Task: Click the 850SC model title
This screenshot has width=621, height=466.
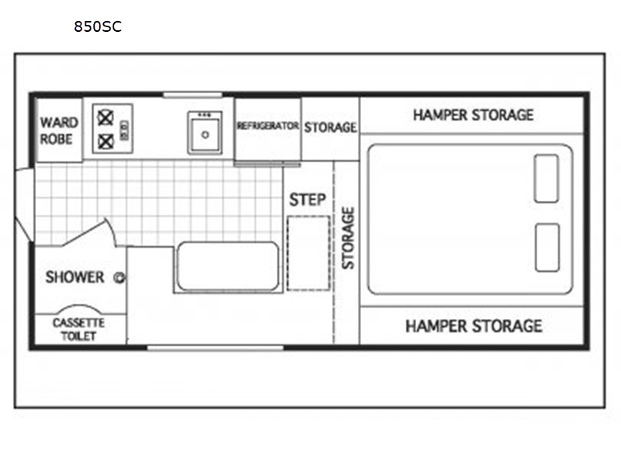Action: [98, 26]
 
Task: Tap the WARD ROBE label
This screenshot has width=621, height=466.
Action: [59, 130]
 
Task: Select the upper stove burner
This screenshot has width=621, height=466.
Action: [106, 118]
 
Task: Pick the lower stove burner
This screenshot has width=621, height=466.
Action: [106, 141]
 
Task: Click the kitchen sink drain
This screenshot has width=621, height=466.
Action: [205, 134]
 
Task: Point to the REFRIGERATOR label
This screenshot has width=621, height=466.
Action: [268, 126]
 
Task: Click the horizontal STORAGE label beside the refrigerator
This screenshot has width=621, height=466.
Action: [331, 127]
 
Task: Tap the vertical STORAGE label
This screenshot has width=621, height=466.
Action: [348, 238]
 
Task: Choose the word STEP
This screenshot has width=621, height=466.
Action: [307, 200]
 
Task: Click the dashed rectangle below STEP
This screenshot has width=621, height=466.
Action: [308, 253]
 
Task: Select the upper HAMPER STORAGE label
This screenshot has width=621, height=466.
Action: [474, 115]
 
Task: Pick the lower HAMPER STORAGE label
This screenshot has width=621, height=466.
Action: [474, 326]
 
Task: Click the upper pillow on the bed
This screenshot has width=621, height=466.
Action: [546, 179]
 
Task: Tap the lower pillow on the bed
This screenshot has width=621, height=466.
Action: [547, 248]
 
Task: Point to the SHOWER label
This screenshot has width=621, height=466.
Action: [75, 277]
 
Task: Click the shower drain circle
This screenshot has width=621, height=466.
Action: [120, 278]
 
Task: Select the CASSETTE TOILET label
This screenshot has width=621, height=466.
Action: [78, 329]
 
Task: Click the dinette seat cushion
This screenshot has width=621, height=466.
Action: [228, 266]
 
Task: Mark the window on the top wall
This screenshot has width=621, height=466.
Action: [193, 95]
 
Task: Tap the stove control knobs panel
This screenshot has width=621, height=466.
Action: [124, 130]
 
